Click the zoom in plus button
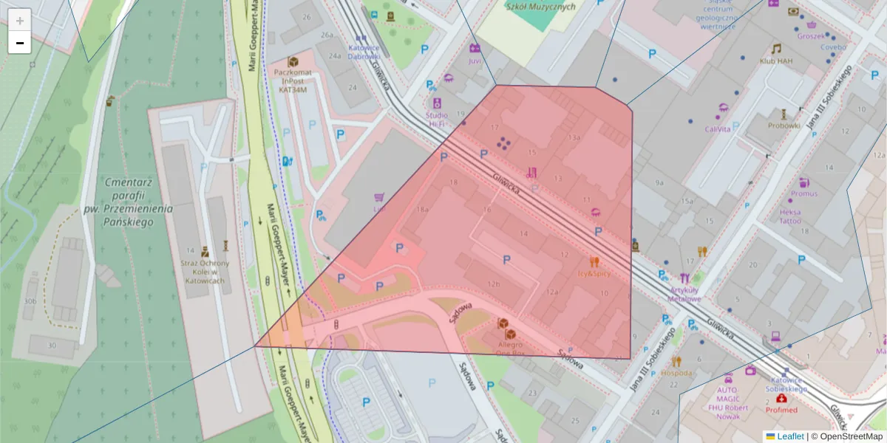(20, 20)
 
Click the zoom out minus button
(20, 43)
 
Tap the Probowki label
(784, 125)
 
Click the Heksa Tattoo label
(789, 216)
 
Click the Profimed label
(781, 409)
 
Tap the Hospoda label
(676, 373)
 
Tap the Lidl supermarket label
(379, 209)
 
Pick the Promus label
(804, 193)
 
